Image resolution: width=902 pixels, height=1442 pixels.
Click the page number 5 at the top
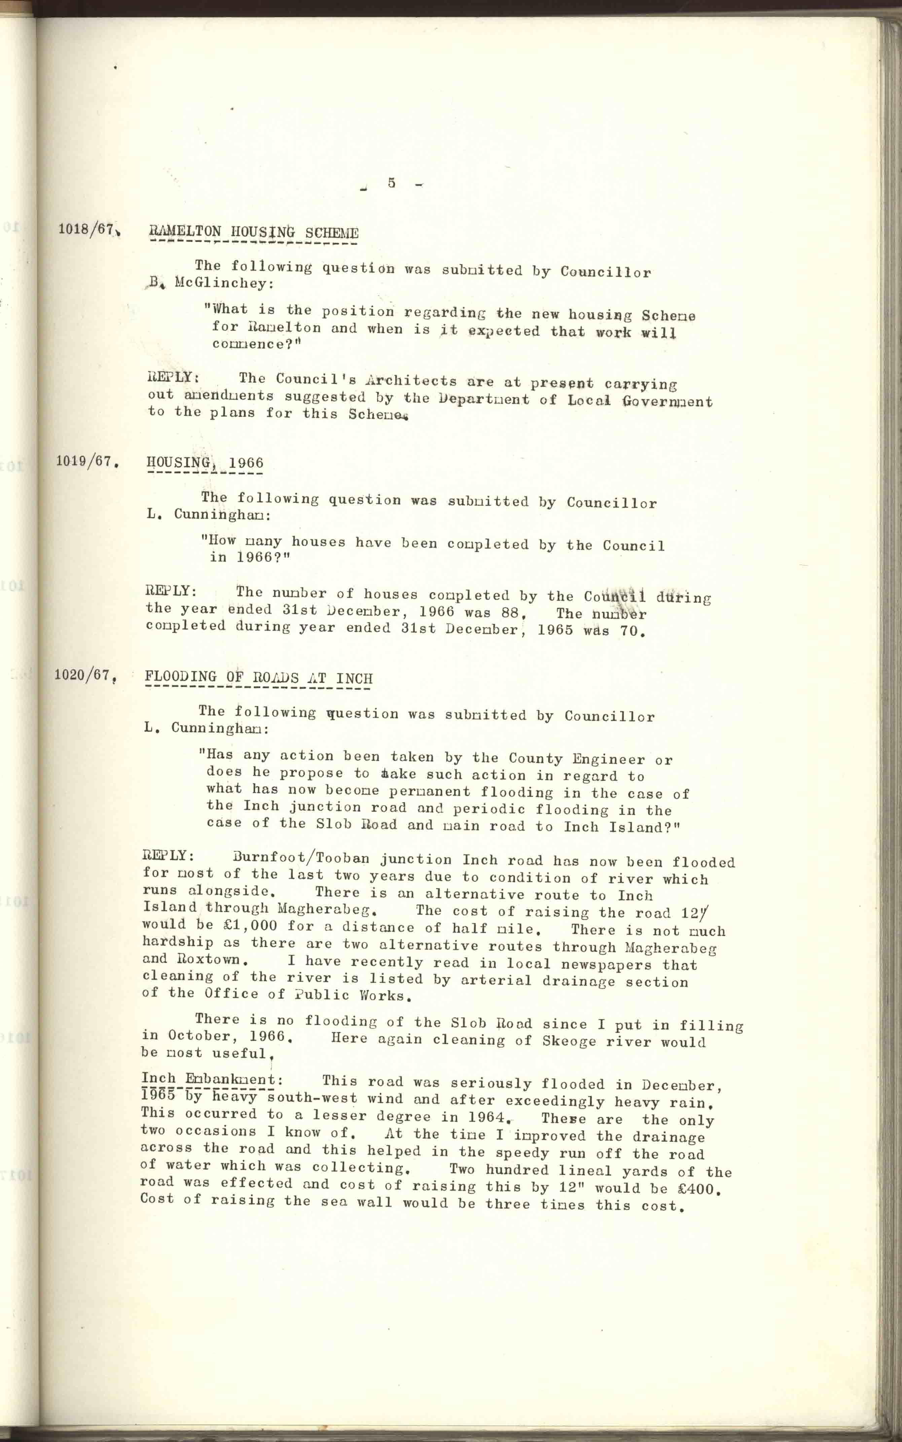click(391, 183)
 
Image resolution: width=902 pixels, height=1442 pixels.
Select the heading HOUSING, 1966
click(205, 463)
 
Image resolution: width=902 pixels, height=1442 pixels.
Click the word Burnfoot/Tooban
click(301, 859)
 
